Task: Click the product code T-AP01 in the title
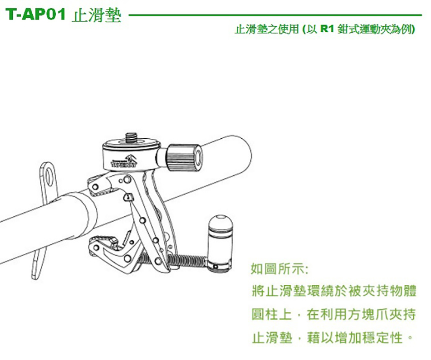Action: [x=35, y=14]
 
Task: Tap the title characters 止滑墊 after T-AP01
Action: [x=97, y=15]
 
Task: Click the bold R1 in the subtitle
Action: [x=327, y=29]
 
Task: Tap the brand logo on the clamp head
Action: [x=124, y=162]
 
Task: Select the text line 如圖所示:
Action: [x=279, y=268]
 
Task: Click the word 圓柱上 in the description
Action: [x=272, y=314]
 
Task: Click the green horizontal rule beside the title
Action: [x=275, y=15]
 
